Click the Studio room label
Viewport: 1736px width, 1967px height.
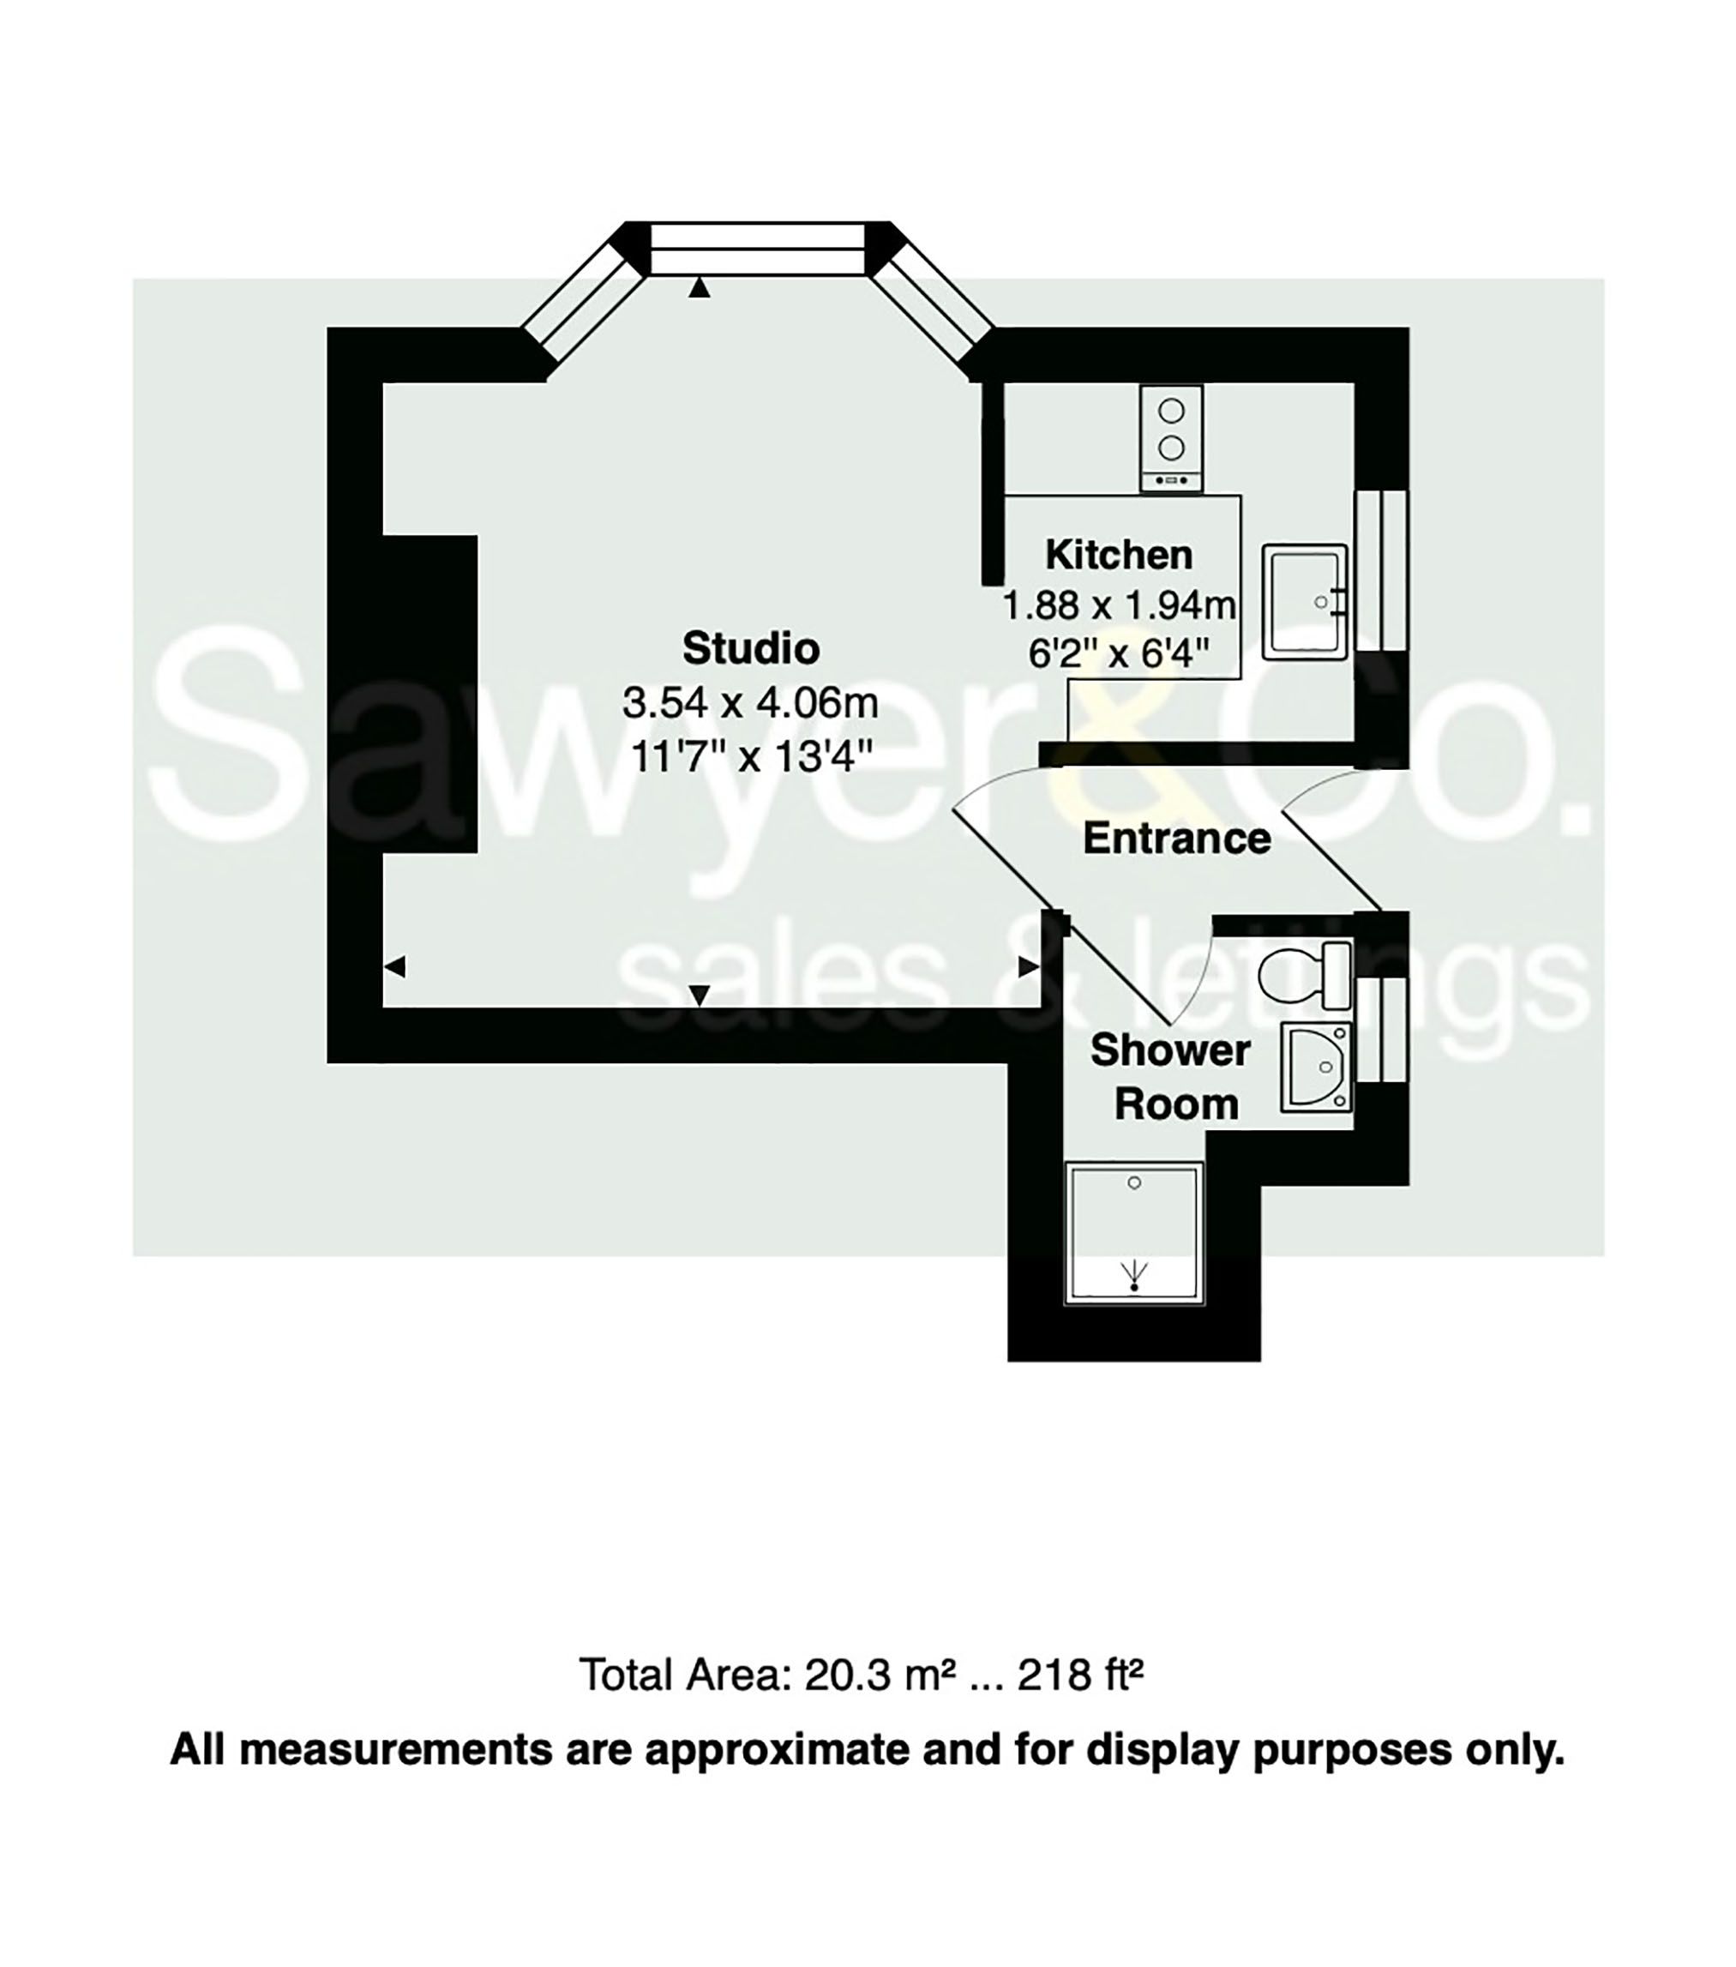coord(751,648)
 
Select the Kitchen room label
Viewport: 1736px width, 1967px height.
coord(1118,556)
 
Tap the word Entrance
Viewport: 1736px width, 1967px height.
coord(1176,839)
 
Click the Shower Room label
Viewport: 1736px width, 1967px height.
coord(1172,1077)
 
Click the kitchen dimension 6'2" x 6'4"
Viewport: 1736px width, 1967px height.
coord(1118,654)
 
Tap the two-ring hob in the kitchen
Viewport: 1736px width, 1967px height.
coord(1171,438)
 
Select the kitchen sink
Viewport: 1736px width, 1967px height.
coord(1304,601)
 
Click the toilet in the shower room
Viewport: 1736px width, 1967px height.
coord(1304,974)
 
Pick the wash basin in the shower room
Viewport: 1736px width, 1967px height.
coord(1315,1068)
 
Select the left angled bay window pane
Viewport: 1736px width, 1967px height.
coord(582,299)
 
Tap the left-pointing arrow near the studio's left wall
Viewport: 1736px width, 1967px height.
coord(394,966)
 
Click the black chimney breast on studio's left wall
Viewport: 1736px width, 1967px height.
coord(429,693)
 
